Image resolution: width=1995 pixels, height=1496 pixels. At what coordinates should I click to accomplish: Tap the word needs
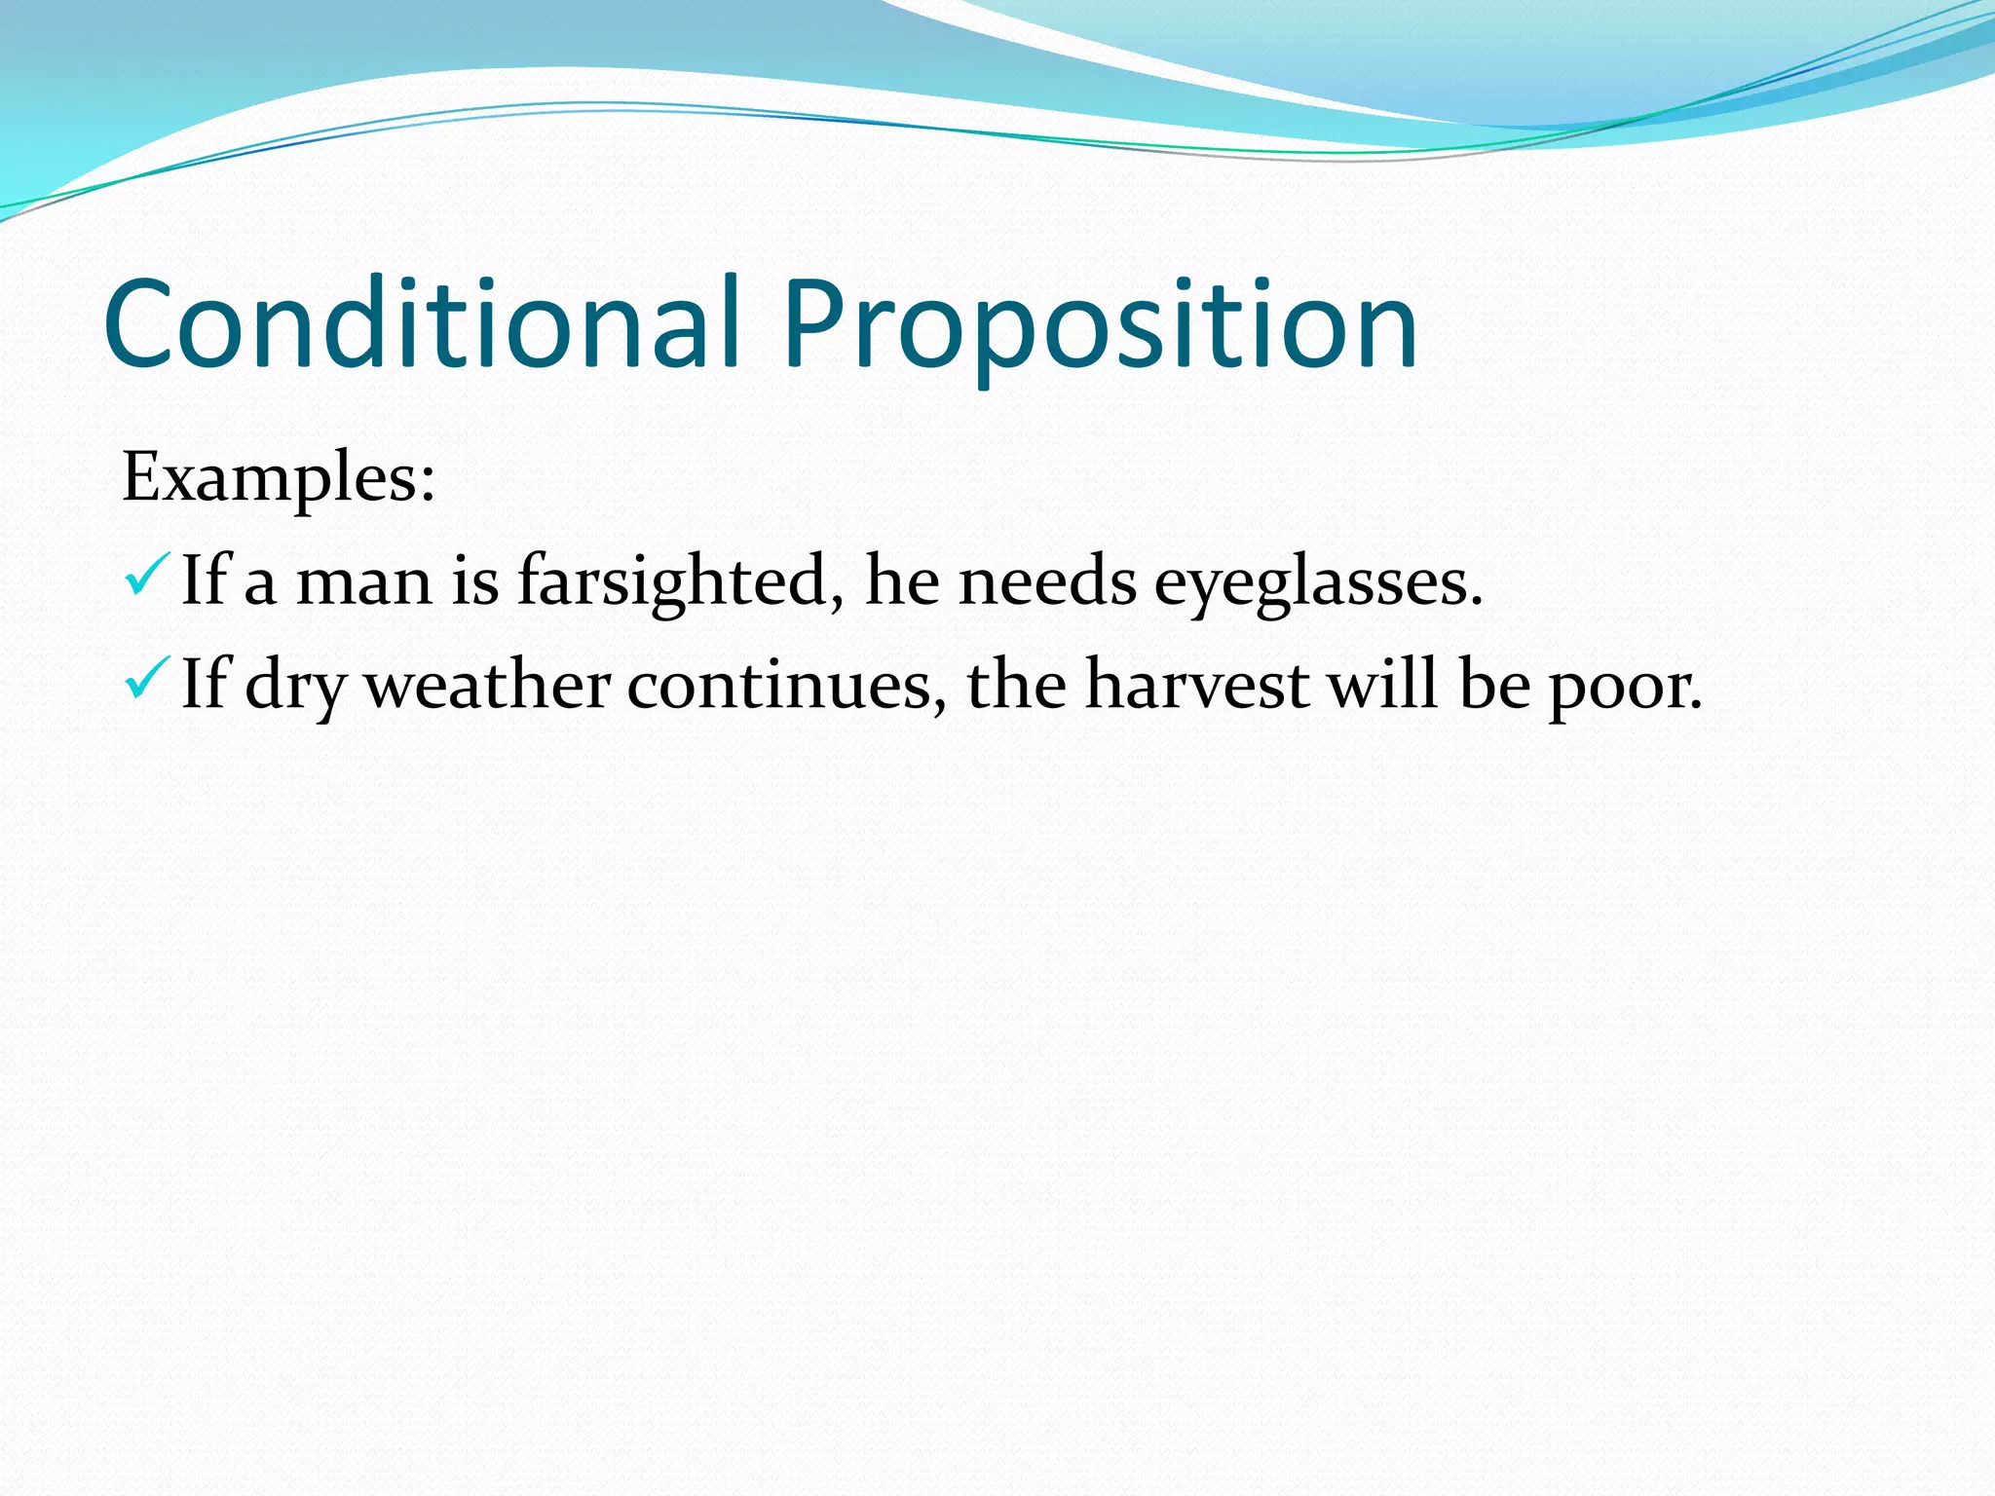pos(1047,582)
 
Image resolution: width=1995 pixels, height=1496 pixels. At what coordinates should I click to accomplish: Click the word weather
pos(487,685)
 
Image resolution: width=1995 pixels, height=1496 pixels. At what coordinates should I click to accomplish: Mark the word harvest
pos(1197,685)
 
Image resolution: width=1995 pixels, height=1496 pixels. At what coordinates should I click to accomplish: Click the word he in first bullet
pos(902,582)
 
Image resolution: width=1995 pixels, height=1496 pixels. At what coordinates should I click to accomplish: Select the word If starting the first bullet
pos(204,580)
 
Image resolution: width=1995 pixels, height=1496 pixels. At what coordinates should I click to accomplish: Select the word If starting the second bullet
pos(204,684)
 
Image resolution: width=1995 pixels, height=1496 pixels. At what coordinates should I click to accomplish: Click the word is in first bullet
pos(474,582)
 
